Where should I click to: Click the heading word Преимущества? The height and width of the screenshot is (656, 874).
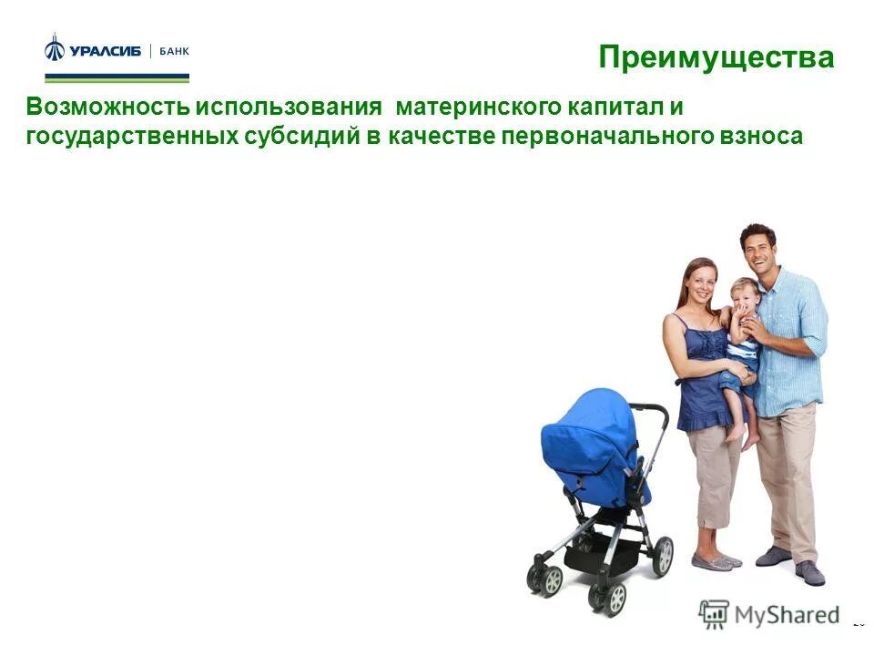click(716, 57)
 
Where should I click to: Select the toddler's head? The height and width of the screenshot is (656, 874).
click(743, 297)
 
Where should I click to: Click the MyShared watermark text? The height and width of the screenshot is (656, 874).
click(787, 614)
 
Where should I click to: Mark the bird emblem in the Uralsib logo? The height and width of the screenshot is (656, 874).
click(55, 48)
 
